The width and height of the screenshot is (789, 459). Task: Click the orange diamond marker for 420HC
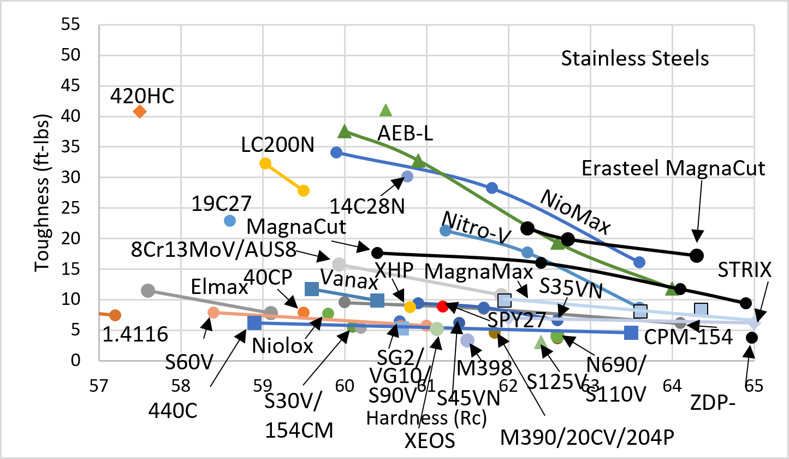(140, 111)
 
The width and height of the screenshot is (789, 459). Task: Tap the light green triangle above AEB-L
(385, 110)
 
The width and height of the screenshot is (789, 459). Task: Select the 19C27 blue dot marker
(230, 220)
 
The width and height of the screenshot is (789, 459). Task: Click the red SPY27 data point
(443, 306)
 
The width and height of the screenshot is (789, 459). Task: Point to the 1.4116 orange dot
(115, 315)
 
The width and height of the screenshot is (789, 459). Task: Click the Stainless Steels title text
(635, 58)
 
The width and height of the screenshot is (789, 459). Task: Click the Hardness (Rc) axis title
(426, 418)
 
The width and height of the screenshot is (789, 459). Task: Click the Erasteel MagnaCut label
(674, 168)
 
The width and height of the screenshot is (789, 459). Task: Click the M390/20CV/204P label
(595, 437)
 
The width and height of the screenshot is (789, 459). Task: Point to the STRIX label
(744, 270)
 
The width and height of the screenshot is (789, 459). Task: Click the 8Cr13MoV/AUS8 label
(214, 249)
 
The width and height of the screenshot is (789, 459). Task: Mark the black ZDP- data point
(751, 338)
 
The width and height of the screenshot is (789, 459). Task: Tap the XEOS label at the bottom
(430, 440)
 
